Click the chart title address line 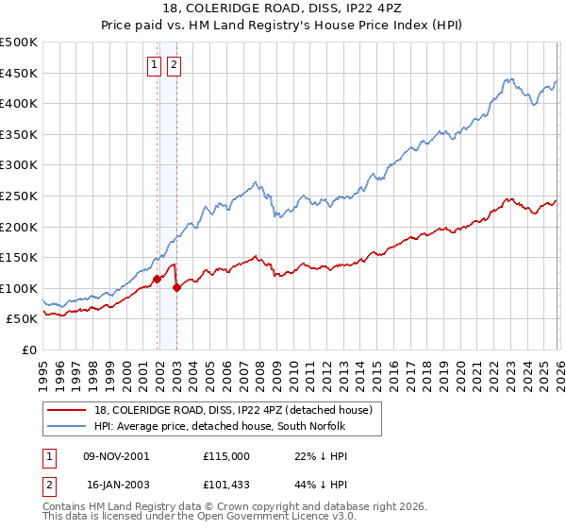283,9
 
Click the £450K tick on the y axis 19,73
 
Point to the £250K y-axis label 19,196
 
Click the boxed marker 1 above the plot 154,65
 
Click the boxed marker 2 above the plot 175,65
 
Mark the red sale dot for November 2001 157,279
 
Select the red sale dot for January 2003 176,287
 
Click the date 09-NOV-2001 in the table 117,455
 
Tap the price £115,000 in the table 226,455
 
